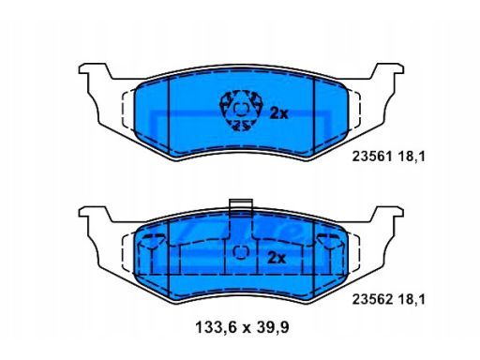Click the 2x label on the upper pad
click(277, 113)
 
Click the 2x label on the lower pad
click(275, 257)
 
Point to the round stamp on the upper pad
click(236, 109)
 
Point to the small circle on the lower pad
click(239, 250)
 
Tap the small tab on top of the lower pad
click(241, 206)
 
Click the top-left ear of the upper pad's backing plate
click(93, 71)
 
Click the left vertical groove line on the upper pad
click(166, 108)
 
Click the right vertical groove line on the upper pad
click(314, 108)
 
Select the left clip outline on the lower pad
click(148, 249)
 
